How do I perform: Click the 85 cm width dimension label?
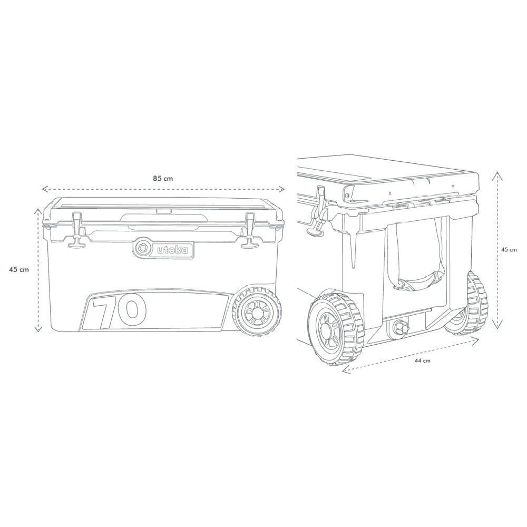[163, 178]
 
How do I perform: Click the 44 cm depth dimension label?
[423, 360]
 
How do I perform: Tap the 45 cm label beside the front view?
[19, 269]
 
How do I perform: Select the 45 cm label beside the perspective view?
[509, 250]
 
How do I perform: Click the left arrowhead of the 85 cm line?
[44, 189]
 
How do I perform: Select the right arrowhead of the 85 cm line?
[282, 189]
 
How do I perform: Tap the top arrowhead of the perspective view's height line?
[496, 174]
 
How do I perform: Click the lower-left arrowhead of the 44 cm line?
[345, 370]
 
